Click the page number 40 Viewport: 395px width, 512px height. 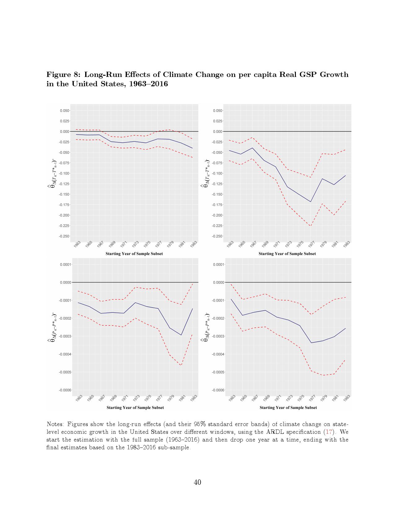[197, 482]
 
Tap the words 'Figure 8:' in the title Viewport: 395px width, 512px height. [64, 75]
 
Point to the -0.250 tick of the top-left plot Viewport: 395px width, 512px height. [64, 236]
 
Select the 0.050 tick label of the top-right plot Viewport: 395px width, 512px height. [218, 110]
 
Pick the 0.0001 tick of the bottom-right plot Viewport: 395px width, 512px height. [218, 264]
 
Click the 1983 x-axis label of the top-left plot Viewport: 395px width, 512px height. [194, 244]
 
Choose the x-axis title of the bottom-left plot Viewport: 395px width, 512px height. [135, 408]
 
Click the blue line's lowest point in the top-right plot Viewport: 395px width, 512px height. [311, 202]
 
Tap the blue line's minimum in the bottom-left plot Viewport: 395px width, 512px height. [181, 335]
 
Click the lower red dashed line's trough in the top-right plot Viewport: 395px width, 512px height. [311, 226]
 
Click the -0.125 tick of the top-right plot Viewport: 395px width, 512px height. [217, 184]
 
